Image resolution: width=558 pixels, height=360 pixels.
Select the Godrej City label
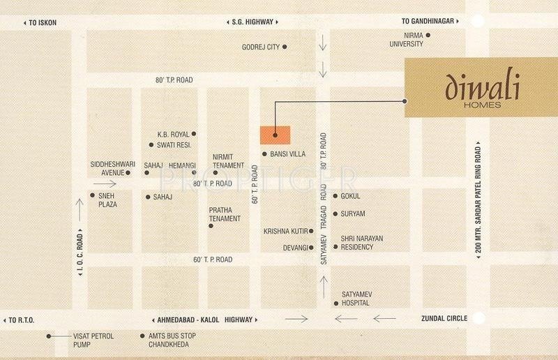point(260,47)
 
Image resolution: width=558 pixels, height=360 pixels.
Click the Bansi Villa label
point(288,153)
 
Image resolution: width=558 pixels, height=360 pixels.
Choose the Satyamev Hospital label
point(357,299)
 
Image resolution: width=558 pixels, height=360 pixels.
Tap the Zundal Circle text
point(444,319)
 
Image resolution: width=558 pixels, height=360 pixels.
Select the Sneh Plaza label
point(107,200)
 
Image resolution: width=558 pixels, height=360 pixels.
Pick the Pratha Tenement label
point(225,214)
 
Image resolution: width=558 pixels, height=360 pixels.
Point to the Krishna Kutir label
point(285,230)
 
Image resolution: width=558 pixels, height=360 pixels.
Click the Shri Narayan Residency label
point(362,242)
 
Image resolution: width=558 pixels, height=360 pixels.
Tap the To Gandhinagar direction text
point(427,22)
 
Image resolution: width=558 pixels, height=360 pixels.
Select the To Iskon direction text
point(43,22)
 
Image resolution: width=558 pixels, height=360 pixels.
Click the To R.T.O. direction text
point(22,320)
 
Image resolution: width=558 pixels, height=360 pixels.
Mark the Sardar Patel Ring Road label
point(478,202)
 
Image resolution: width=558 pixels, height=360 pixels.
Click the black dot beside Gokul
point(335,196)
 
